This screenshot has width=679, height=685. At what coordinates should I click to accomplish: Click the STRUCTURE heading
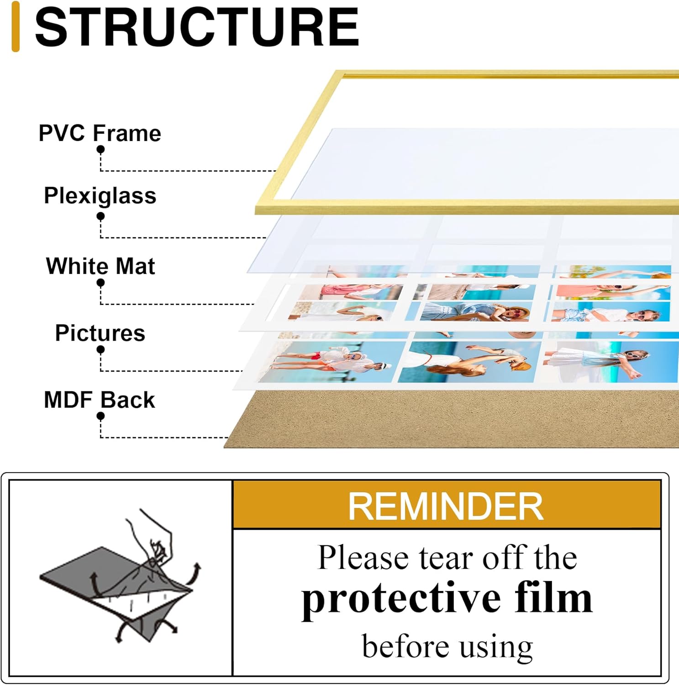[x=197, y=27]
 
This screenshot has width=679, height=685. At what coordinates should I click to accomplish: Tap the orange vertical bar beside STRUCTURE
[x=16, y=26]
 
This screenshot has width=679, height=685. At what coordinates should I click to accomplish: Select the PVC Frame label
[x=100, y=133]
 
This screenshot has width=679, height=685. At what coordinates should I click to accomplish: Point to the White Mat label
[x=100, y=266]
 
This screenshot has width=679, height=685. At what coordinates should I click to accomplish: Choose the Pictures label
[x=100, y=332]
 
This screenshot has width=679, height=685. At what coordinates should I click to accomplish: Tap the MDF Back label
[x=100, y=400]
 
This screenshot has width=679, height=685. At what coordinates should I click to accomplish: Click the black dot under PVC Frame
[x=100, y=149]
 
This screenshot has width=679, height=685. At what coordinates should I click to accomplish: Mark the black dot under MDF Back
[x=100, y=416]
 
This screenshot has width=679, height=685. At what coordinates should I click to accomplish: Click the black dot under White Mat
[x=100, y=283]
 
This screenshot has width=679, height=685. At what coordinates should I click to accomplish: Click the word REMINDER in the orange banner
[x=446, y=506]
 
